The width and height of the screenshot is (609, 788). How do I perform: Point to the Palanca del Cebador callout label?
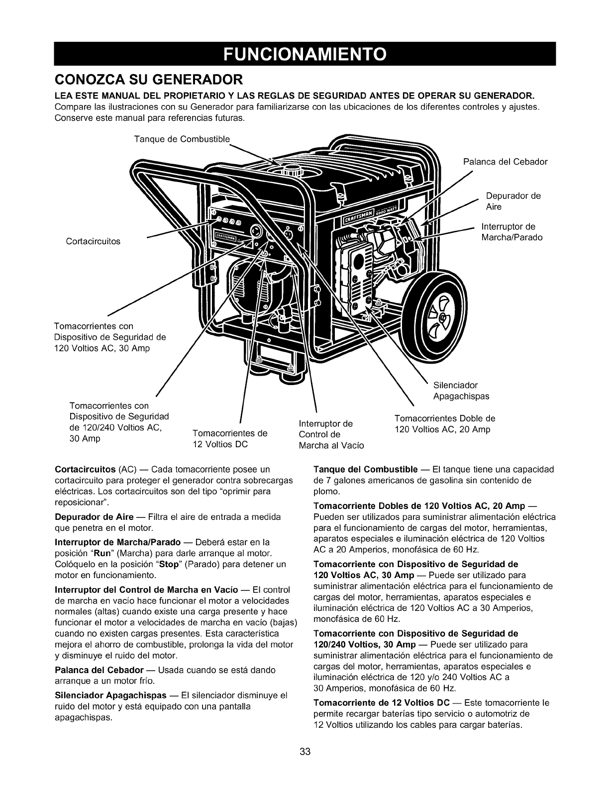[x=505, y=162]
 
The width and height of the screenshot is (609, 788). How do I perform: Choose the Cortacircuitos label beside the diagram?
[x=93, y=242]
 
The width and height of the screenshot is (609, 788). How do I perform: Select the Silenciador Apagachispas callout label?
[x=461, y=391]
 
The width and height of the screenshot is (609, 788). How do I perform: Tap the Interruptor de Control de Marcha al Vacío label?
[x=331, y=434]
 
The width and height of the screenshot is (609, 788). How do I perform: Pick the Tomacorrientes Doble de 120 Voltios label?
[x=445, y=423]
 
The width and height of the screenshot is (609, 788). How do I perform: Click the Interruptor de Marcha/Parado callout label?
[x=512, y=232]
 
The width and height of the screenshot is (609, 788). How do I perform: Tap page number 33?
[x=305, y=752]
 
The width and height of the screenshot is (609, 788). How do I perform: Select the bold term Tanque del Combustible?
[x=365, y=470]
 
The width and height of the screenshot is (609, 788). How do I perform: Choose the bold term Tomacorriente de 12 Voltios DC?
[x=382, y=703]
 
